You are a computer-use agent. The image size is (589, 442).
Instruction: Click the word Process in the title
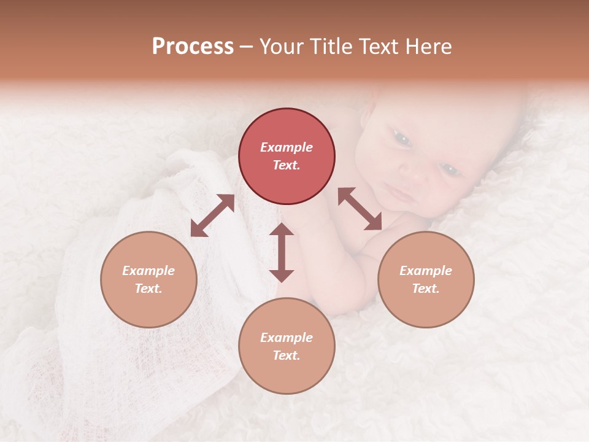click(x=193, y=47)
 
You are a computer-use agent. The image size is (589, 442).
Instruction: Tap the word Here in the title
click(x=428, y=47)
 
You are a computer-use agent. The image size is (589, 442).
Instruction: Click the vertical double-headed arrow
click(x=282, y=252)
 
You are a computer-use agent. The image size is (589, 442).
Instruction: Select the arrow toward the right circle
click(x=360, y=209)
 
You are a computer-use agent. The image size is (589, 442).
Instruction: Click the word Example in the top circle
click(x=287, y=147)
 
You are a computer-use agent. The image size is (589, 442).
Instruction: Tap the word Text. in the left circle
click(x=148, y=289)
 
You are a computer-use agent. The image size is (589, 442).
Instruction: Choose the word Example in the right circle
click(x=426, y=271)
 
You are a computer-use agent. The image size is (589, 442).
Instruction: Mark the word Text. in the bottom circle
click(x=287, y=355)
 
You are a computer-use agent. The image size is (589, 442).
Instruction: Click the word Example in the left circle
click(x=148, y=271)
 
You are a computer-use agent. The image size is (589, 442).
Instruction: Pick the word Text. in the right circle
click(x=426, y=289)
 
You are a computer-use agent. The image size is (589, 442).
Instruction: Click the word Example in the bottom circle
click(x=287, y=338)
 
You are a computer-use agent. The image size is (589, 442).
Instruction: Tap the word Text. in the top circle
click(x=287, y=165)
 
